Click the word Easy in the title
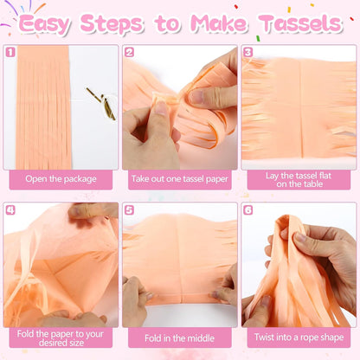[45, 24]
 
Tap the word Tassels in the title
[300, 23]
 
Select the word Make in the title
[219, 23]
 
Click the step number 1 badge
[10, 52]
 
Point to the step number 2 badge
[129, 52]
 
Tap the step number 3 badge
[248, 52]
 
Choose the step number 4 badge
[10, 210]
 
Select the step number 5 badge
[129, 210]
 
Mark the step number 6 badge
[248, 210]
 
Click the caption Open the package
[61, 179]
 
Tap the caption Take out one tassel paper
[180, 179]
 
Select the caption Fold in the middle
[179, 338]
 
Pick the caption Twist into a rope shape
[299, 337]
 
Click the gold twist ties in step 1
[102, 103]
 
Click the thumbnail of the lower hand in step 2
[160, 108]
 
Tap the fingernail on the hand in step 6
[300, 238]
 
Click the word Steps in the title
[112, 24]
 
